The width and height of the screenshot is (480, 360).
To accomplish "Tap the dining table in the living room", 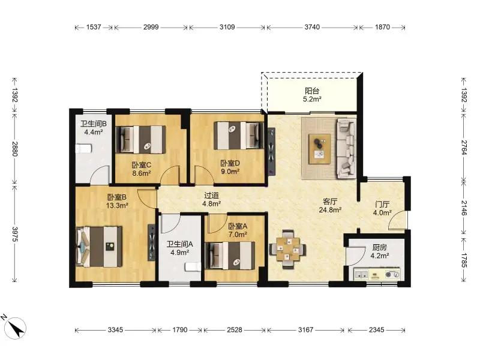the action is pos(287,249).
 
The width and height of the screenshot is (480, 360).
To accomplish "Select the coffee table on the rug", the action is pos(320,149).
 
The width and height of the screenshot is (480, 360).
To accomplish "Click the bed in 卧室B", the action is pos(99,246).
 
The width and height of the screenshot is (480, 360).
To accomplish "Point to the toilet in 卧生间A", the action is pos(193,266).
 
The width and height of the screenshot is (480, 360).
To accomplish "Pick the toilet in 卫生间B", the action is pos(83,148).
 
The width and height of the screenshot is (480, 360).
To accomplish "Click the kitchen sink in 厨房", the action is pos(362,275).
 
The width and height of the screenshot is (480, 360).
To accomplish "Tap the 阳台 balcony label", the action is pos(312,91).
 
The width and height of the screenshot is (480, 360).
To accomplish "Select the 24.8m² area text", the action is pos(330,209).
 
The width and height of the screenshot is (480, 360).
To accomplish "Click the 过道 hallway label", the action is pos(212,196).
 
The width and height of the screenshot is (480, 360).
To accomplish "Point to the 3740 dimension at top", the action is pos(312,27).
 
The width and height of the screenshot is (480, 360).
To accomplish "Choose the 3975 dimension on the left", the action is pos(14,233).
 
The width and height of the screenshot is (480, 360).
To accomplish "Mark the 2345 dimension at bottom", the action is pos(377,329).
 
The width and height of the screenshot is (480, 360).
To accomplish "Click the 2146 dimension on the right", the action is pos(464,208).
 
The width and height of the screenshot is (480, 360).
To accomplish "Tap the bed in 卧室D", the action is pos(239,136).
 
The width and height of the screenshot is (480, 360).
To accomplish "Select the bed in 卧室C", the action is pos(141,140).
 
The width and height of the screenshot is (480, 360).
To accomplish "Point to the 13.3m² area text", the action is pos(117,205).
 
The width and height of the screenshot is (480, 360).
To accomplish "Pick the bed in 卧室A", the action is pos(230,256).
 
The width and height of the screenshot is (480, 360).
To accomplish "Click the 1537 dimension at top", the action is pos(94,27).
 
